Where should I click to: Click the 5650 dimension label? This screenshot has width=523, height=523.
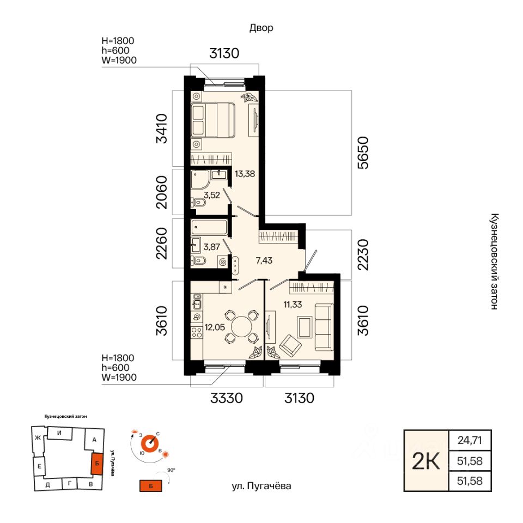tap(363, 153)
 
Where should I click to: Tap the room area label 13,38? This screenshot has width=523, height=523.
tap(245, 174)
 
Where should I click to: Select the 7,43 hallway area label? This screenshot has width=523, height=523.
tap(264, 260)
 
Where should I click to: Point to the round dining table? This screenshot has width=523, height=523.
tap(242, 326)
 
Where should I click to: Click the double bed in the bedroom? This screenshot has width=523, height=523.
tap(213, 120)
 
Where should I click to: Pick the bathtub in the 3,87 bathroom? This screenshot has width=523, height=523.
tap(209, 227)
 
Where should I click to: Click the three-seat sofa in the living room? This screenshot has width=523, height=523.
tap(324, 327)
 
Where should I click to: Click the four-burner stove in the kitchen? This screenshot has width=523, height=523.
tap(197, 332)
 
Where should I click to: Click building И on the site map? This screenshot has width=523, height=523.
tap(59, 433)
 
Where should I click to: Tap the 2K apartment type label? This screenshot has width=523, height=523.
tap(426, 461)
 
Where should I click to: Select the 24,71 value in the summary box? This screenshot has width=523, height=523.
tap(470, 440)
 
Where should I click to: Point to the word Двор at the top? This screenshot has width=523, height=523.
tap(261, 28)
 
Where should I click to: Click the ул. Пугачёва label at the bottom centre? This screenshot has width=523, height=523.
tap(261, 486)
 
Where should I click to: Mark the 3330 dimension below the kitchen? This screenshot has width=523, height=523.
tap(227, 398)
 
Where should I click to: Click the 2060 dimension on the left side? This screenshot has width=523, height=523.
tap(162, 192)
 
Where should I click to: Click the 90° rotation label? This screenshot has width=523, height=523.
tap(171, 470)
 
